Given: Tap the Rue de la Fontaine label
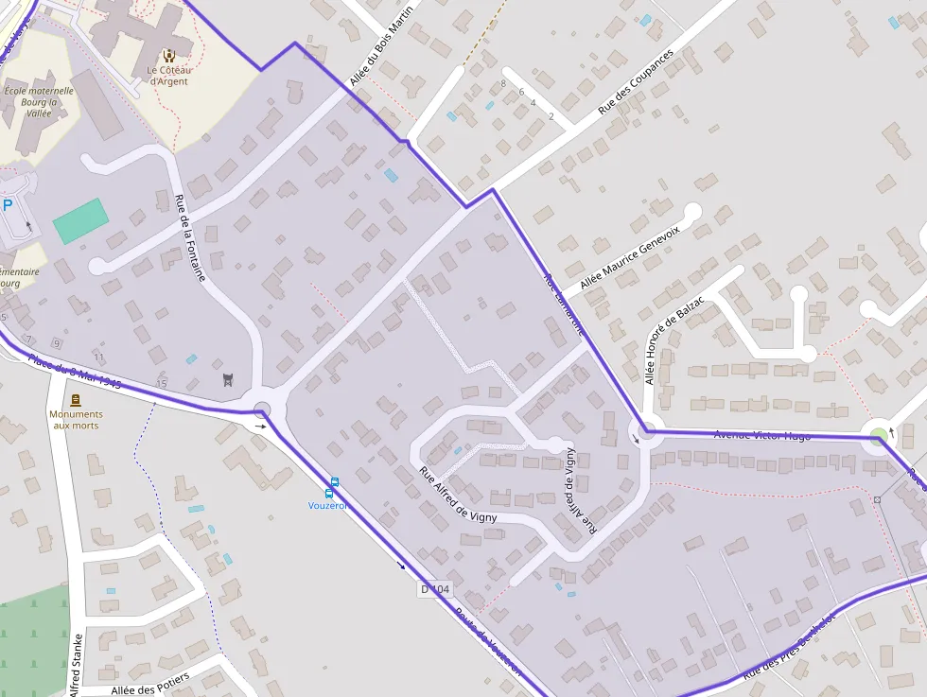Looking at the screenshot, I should coord(190,237).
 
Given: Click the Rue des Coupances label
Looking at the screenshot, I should coord(636,82).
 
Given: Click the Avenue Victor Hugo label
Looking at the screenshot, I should coord(762,435).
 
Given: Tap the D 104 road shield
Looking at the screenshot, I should coord(435,589).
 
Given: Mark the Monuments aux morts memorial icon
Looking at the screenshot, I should coord(76,400).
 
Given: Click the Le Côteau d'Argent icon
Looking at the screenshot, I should coord(168,56).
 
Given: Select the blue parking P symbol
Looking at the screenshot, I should coord(8,205).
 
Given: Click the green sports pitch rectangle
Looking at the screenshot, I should coord(79,221).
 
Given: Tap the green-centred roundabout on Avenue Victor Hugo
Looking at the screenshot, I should coord(880,437).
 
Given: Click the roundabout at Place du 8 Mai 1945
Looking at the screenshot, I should coord(261,409).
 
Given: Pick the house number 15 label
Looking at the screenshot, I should coord(161,383).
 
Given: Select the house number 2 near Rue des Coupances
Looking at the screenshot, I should coord(551,116).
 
